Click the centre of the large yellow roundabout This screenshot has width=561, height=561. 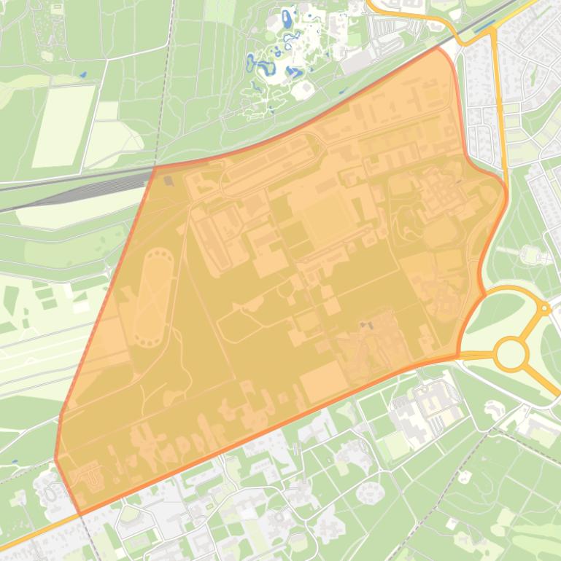point(511,355)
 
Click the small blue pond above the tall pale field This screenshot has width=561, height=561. point(81,74)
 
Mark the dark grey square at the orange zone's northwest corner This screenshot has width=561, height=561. point(169,180)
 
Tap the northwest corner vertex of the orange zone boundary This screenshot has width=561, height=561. point(155,167)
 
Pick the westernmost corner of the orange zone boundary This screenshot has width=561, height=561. point(55,459)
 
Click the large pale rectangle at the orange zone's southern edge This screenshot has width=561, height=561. point(322,380)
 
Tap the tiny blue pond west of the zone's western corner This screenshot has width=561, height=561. point(14,462)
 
